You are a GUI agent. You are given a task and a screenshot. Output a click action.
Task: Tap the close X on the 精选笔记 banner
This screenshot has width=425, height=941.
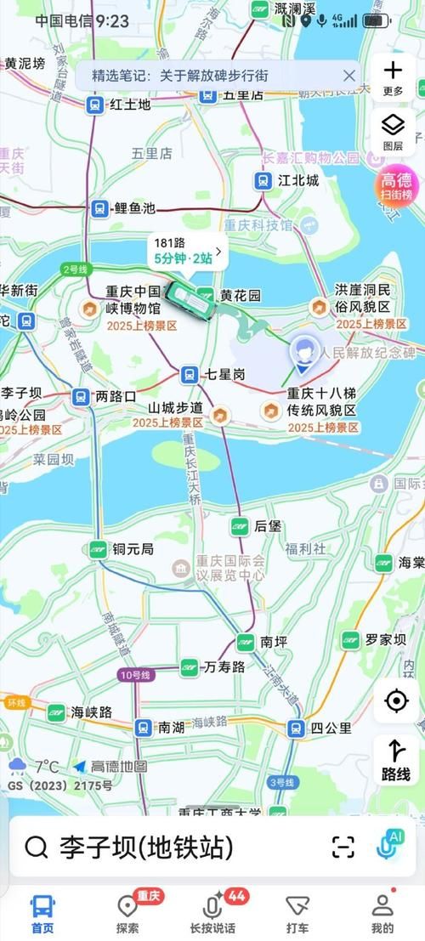pos(348,76)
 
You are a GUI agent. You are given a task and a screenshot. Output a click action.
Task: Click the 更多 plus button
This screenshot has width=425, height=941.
pos(393,76)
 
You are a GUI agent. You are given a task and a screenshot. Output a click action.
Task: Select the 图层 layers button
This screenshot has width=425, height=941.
pos(393,131)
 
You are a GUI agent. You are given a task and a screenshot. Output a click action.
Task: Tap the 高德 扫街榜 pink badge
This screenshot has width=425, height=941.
pos(395,186)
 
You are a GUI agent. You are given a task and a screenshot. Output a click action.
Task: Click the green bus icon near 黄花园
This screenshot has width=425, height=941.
pos(189,300)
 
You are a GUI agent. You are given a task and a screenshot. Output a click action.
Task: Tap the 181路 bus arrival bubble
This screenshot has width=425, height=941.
pos(188,252)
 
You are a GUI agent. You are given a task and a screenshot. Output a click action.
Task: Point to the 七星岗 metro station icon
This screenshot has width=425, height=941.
pos(190,373)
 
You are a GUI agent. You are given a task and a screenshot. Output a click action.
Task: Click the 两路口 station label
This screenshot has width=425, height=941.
pos(116,396)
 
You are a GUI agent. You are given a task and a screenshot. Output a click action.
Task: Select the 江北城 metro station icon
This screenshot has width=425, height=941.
pos(263,180)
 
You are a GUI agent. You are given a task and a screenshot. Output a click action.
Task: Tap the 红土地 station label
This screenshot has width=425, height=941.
pos(130,105)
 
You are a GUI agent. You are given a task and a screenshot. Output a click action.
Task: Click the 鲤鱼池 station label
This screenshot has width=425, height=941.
pos(135,207)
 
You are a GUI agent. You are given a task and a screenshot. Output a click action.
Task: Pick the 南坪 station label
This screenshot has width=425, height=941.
pos(275,641)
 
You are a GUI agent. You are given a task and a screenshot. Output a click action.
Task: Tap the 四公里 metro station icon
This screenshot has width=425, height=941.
pos(295,728)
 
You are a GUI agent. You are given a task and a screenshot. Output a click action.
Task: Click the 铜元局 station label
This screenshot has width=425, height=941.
pos(134,549)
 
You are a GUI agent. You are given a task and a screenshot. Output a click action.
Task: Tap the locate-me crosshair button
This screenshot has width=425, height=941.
pos(395,701)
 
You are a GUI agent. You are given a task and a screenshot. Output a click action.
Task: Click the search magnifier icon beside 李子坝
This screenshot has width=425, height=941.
pos(36,847)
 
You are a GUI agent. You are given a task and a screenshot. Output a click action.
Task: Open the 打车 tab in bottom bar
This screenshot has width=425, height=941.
pos(297,914)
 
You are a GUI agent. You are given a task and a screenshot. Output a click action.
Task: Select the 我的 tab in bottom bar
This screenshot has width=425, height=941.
pos(382,914)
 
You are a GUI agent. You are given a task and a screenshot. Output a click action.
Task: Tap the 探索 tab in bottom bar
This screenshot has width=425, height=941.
pos(127,914)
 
